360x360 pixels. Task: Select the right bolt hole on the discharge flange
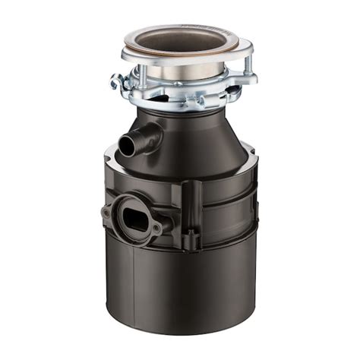click(156, 228)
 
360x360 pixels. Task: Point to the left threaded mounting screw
click(141, 74)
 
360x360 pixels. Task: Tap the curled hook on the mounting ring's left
click(116, 81)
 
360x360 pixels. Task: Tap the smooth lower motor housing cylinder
click(182, 289)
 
